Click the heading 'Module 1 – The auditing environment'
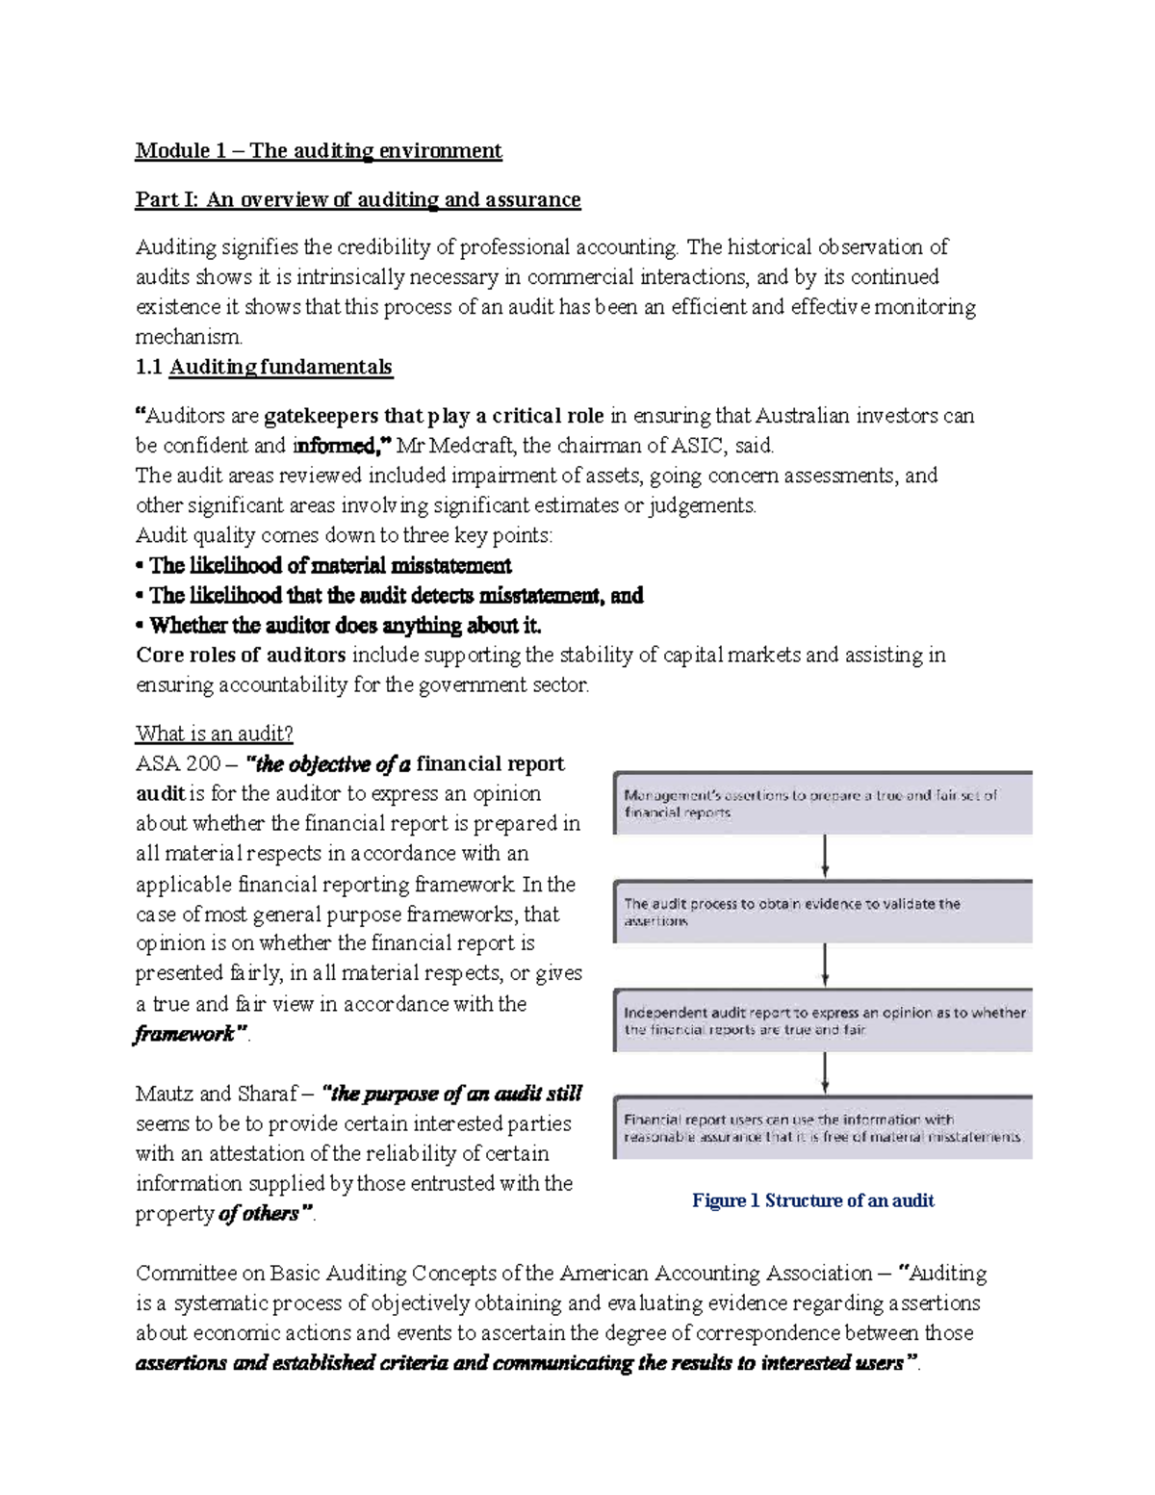[x=319, y=150]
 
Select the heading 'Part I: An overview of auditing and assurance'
[x=358, y=199]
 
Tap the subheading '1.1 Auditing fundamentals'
[x=264, y=367]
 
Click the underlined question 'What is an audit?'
[x=214, y=734]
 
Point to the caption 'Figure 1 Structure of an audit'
[x=813, y=1200]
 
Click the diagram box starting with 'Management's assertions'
[x=823, y=803]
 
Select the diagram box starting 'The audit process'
[x=823, y=912]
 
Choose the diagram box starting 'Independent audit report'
[x=823, y=1020]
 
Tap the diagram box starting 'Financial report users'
[x=823, y=1127]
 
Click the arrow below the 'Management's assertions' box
[x=825, y=856]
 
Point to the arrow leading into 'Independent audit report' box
[x=825, y=965]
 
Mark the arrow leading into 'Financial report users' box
[x=825, y=1072]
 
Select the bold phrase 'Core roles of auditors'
[x=241, y=656]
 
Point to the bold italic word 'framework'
[x=184, y=1034]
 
